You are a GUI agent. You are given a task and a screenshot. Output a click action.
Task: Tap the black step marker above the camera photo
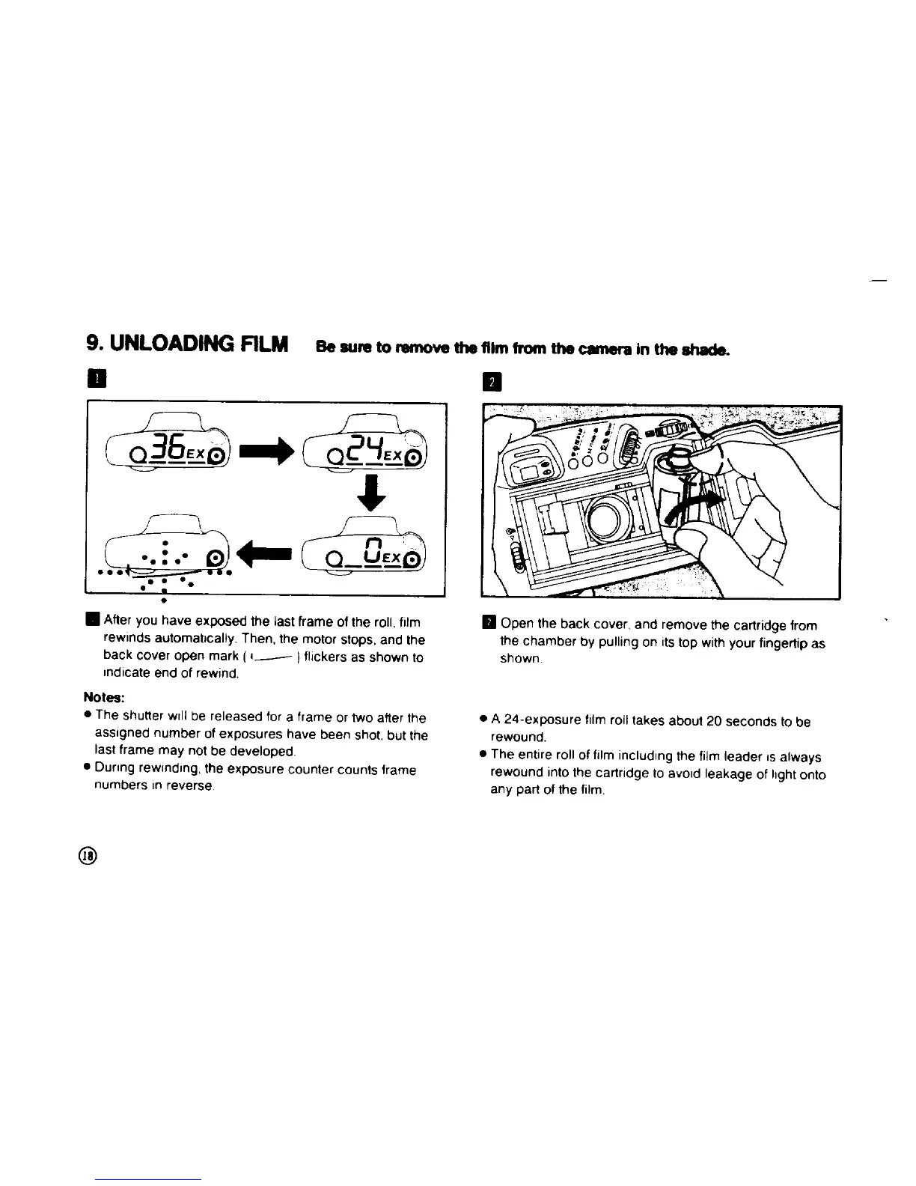[492, 383]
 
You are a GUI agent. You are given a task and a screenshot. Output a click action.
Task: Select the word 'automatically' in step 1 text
[198, 640]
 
